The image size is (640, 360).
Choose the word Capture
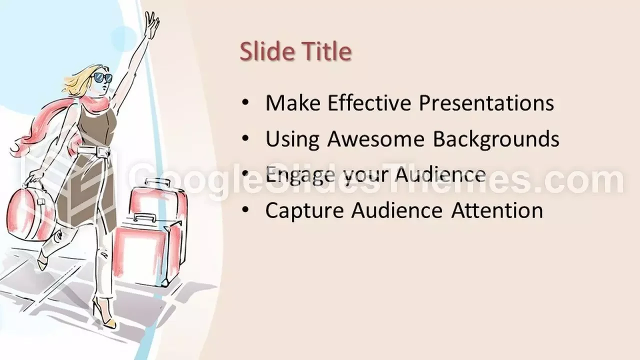(304, 211)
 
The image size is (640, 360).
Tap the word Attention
(497, 210)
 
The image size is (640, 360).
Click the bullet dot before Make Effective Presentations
(245, 102)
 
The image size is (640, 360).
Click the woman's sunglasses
(103, 77)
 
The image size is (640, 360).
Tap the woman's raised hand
(151, 24)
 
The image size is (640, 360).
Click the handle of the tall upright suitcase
(157, 182)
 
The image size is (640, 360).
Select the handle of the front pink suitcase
(145, 217)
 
